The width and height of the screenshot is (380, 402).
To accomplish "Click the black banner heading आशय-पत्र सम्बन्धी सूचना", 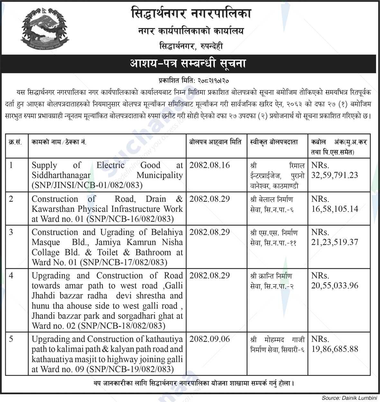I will point(188,63).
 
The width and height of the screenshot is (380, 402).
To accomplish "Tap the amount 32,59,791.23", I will point(335,175).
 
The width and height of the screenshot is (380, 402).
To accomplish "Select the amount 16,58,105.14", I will point(335,209).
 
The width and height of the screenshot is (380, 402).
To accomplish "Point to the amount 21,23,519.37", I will point(335,242).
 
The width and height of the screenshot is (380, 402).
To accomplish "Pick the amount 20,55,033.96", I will point(335,286).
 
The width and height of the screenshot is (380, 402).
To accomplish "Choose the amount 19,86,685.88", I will point(335,349).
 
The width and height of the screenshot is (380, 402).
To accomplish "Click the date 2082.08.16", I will point(210,165).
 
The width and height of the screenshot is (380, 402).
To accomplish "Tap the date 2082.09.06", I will point(210,339).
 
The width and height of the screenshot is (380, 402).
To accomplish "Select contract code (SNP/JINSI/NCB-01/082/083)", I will point(87,185).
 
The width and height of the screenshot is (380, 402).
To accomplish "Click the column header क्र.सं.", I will point(15,142).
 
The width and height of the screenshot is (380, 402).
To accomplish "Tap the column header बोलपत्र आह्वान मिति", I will point(215,142).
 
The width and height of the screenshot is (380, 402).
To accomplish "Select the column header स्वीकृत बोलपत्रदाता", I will point(274,142).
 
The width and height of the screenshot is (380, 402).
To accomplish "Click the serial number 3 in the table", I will point(11,232).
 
